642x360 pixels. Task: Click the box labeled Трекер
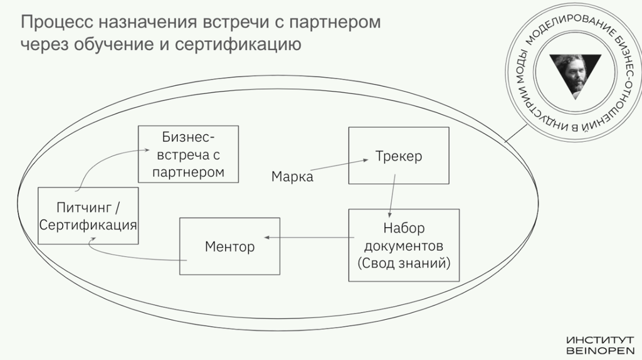point(398,156)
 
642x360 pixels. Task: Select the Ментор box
point(229,246)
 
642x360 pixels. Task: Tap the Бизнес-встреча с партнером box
point(187,154)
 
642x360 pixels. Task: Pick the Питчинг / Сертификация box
point(88,215)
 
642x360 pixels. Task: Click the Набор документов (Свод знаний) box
point(404,245)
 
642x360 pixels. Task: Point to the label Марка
point(292,176)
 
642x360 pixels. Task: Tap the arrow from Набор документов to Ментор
point(307,238)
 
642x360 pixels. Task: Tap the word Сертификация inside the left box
point(88,224)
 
